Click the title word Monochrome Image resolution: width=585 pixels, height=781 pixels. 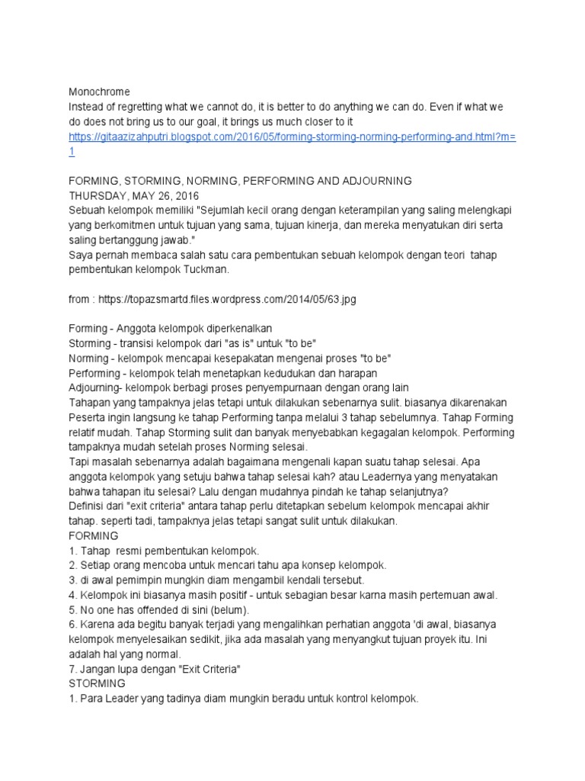pos(99,92)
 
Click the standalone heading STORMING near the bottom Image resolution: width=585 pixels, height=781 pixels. pos(97,683)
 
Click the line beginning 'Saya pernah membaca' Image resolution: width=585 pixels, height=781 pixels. pos(282,255)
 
